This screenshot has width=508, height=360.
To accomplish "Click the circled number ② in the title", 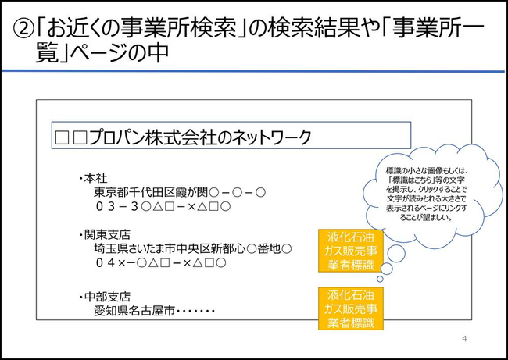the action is coord(23,29).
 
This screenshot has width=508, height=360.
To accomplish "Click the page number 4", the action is coord(464,339).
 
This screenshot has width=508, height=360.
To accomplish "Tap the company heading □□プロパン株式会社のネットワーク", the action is coord(183,137).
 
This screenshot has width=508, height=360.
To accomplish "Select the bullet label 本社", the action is coord(95,178).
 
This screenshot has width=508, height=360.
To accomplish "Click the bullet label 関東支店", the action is coord(107,235).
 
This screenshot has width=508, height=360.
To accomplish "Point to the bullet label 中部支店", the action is coord(107,297).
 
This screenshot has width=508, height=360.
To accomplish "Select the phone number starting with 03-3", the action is coord(163,206).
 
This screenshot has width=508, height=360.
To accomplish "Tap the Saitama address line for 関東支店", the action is coord(193,248).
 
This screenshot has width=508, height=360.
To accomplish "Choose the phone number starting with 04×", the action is coord(161,262).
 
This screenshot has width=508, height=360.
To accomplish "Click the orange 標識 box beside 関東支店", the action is coord(351,251).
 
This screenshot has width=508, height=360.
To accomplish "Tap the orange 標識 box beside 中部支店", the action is coord(351,308).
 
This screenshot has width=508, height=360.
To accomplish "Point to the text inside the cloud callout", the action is coord(426,194).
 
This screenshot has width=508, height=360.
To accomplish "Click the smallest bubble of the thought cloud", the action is coord(380,279).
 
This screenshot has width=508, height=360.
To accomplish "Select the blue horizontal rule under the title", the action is coord(253,71).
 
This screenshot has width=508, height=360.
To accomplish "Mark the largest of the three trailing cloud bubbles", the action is coord(396,254).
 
